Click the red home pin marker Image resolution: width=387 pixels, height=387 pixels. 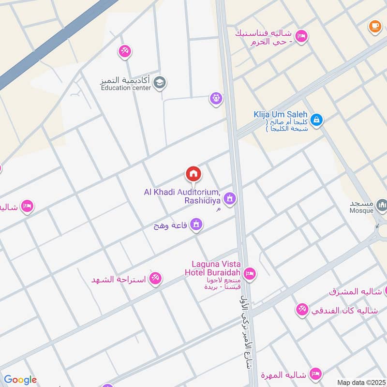[193, 174]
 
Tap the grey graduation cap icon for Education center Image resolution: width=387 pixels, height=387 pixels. [159, 83]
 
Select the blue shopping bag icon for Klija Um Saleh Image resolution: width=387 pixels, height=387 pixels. [316, 119]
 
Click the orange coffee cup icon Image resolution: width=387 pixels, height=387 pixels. [374, 27]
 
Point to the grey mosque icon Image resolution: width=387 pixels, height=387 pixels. [382, 206]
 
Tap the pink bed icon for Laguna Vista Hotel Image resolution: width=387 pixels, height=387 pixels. [250, 274]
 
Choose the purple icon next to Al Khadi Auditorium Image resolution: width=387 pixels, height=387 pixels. [229, 198]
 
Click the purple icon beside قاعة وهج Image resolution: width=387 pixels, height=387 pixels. [196, 224]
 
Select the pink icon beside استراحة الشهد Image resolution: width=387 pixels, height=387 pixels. [155, 278]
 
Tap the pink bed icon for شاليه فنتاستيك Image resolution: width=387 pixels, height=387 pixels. [301, 37]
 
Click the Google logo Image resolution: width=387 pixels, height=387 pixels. [20, 380]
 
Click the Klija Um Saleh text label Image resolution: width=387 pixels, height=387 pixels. [281, 115]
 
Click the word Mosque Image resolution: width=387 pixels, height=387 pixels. [362, 210]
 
